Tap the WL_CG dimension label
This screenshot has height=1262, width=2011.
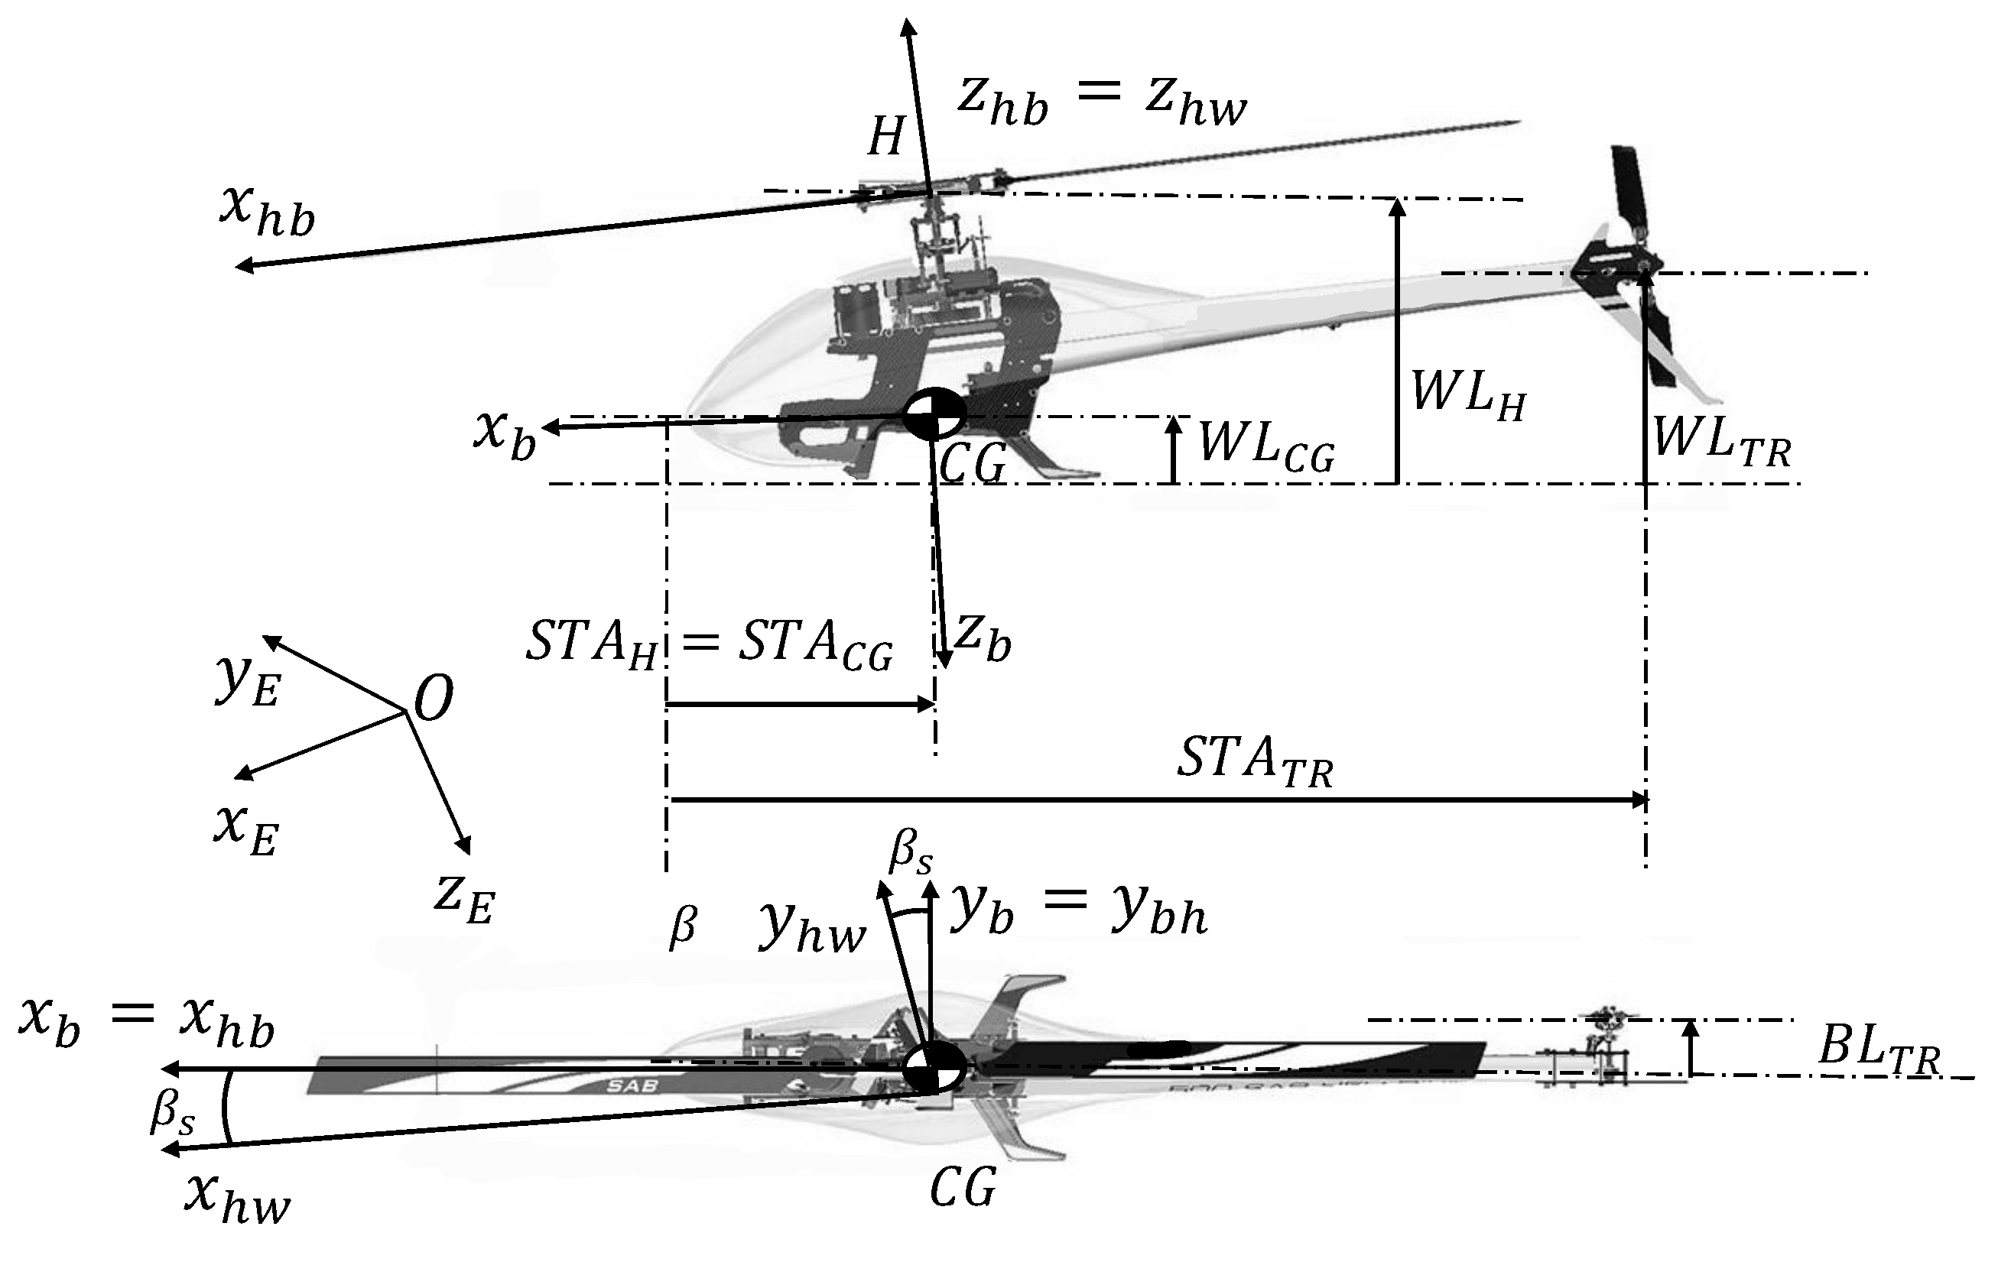click(1265, 446)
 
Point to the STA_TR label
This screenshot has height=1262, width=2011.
click(1254, 762)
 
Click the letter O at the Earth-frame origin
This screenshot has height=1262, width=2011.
click(434, 698)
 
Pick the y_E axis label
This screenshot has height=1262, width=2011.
click(247, 680)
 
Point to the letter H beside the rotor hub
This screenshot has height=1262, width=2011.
click(885, 136)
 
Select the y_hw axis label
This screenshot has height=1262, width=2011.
click(810, 928)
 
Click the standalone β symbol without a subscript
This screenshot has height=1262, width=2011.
click(682, 926)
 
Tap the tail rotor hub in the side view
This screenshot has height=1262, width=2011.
click(1642, 265)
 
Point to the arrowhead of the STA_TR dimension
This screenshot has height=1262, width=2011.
click(1640, 800)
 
